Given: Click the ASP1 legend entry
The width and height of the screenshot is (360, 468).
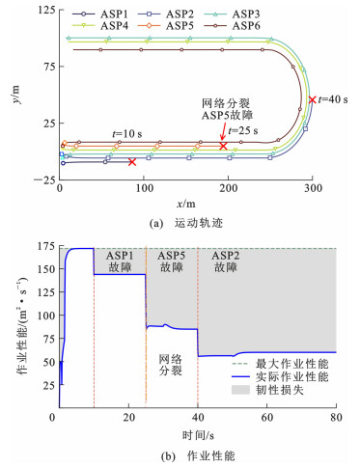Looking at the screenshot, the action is point(100,14).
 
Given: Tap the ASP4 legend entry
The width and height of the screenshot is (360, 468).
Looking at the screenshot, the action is point(100,26).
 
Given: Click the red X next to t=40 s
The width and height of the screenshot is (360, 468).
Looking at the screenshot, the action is point(312,99).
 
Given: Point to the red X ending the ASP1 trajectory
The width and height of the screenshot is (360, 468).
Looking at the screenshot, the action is point(132,162).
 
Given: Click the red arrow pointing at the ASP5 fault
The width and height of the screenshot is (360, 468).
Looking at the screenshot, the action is point(222,133).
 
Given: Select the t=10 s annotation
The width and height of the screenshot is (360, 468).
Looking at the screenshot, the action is point(126,134).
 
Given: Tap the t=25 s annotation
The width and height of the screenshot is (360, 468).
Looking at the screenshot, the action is point(243,130).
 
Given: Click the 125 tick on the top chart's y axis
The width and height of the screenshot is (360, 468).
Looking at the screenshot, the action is point(46,10).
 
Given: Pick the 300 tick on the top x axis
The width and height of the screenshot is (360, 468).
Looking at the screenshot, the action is point(313,188).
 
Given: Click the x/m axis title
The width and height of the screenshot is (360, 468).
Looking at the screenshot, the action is point(185,204).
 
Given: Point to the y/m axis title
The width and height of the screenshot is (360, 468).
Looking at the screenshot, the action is point(15,95).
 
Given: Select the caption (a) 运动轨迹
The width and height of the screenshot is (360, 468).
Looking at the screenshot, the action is point(186,223).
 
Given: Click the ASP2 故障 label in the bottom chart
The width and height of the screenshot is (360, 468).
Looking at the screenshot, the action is point(226,262).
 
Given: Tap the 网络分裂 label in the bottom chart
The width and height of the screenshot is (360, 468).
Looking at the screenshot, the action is point(171,365).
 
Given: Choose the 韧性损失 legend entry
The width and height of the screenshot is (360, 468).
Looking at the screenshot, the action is point(267,390).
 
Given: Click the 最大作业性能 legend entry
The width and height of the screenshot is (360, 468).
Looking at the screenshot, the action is point(280,364).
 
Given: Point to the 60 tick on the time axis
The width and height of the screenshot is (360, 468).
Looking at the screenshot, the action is point(267,418).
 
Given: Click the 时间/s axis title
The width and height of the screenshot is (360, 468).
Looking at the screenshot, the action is point(198,435).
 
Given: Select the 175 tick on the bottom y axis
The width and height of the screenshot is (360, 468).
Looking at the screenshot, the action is point(46,246).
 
